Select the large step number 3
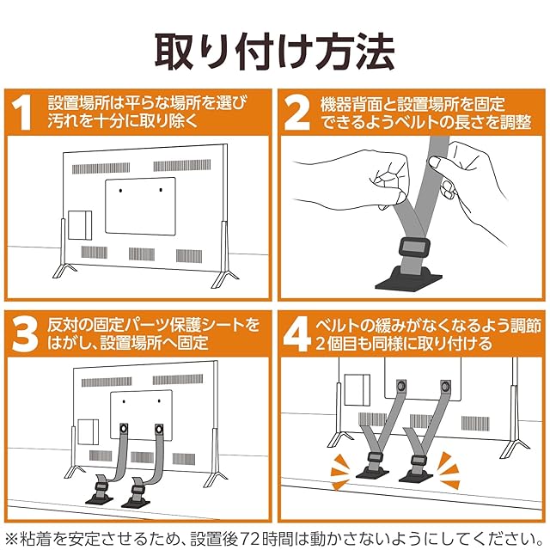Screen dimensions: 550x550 coord(24,334)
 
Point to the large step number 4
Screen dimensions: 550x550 coord(297,334)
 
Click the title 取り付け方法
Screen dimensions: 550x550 coord(275,52)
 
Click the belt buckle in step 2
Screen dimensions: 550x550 coord(414,248)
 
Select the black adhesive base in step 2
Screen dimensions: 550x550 coord(409,279)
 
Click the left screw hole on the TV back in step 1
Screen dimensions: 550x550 coord(120,191)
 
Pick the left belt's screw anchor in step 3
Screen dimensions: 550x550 coord(124,428)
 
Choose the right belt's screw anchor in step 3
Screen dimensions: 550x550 coord(159,428)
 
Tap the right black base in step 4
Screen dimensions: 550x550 coord(416,475)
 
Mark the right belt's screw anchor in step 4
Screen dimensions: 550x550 coord(445,386)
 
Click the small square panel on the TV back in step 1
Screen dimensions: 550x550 coord(80,225)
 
